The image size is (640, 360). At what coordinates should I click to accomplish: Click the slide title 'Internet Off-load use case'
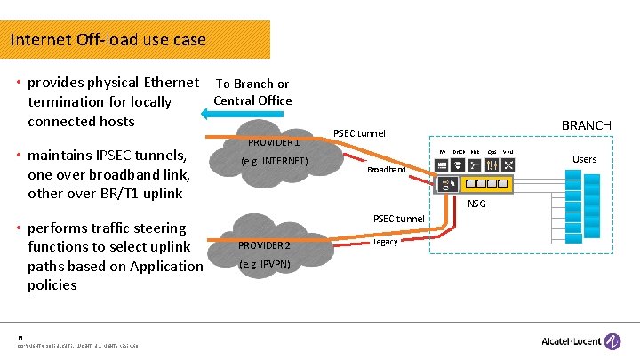coord(108,40)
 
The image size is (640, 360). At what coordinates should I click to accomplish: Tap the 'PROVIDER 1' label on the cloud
coord(273,141)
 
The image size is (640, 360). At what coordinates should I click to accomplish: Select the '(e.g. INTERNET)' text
coord(275,161)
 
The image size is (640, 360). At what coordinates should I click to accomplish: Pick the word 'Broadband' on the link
coord(386,169)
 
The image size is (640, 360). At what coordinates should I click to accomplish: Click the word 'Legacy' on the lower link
coord(386,241)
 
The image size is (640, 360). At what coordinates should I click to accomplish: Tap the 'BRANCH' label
coord(586,125)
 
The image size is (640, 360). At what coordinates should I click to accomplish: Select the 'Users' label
coord(584,159)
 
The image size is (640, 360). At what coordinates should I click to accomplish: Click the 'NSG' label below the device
coord(478,204)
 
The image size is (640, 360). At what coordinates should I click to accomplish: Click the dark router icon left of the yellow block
coord(450,184)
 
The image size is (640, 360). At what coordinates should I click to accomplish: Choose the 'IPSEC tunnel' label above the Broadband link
coord(358,133)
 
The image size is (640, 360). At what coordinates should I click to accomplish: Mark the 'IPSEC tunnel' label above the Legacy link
coord(397,219)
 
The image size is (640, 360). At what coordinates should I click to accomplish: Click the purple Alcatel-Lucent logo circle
coord(612,341)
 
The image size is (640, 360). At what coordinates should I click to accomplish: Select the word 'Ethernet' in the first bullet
coord(170,83)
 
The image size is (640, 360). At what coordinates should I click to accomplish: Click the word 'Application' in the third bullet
coord(165,266)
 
